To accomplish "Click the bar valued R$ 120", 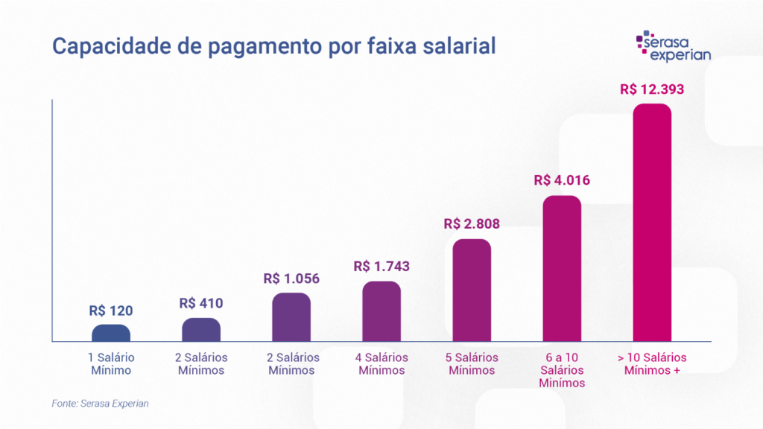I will (111, 333).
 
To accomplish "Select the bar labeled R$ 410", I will (201, 330).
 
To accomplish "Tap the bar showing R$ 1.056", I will (291, 317).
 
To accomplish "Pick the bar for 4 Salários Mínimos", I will (381, 311).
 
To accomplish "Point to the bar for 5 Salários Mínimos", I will (472, 290).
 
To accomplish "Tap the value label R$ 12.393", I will (652, 89).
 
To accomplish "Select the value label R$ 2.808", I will (472, 223).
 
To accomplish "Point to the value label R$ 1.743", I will (381, 266).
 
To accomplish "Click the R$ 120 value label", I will (111, 311).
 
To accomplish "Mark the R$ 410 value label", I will (201, 303).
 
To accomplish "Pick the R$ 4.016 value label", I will (562, 180).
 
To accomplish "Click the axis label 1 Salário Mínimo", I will (111, 364).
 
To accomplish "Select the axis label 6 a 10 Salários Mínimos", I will (562, 370).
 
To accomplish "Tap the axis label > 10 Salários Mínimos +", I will (652, 364).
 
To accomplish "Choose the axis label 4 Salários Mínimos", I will (381, 364).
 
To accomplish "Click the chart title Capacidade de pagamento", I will (273, 46).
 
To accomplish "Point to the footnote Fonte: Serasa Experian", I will (101, 403).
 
